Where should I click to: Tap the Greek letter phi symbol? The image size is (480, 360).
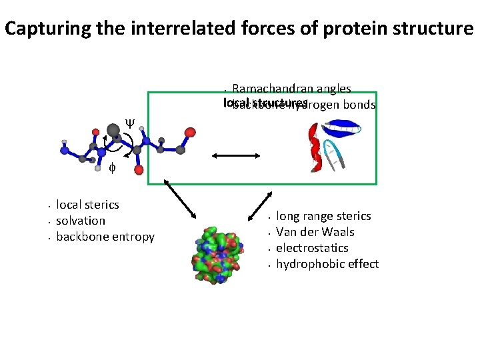[x=112, y=169]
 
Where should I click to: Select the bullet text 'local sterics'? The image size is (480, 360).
[x=87, y=205]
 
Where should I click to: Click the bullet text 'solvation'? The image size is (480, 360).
[x=81, y=221]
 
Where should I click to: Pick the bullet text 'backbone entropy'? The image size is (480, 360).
[x=105, y=237]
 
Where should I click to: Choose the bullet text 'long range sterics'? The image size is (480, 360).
[x=323, y=216]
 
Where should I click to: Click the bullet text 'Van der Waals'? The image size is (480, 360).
[x=315, y=232]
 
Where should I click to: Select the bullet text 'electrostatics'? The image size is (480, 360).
[x=312, y=248]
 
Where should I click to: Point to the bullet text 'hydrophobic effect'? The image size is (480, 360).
[x=327, y=264]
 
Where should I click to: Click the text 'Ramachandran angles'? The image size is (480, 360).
[x=291, y=89]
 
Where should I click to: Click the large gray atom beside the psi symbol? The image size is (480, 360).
[x=114, y=129]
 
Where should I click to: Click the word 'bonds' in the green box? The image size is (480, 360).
[x=360, y=105]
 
